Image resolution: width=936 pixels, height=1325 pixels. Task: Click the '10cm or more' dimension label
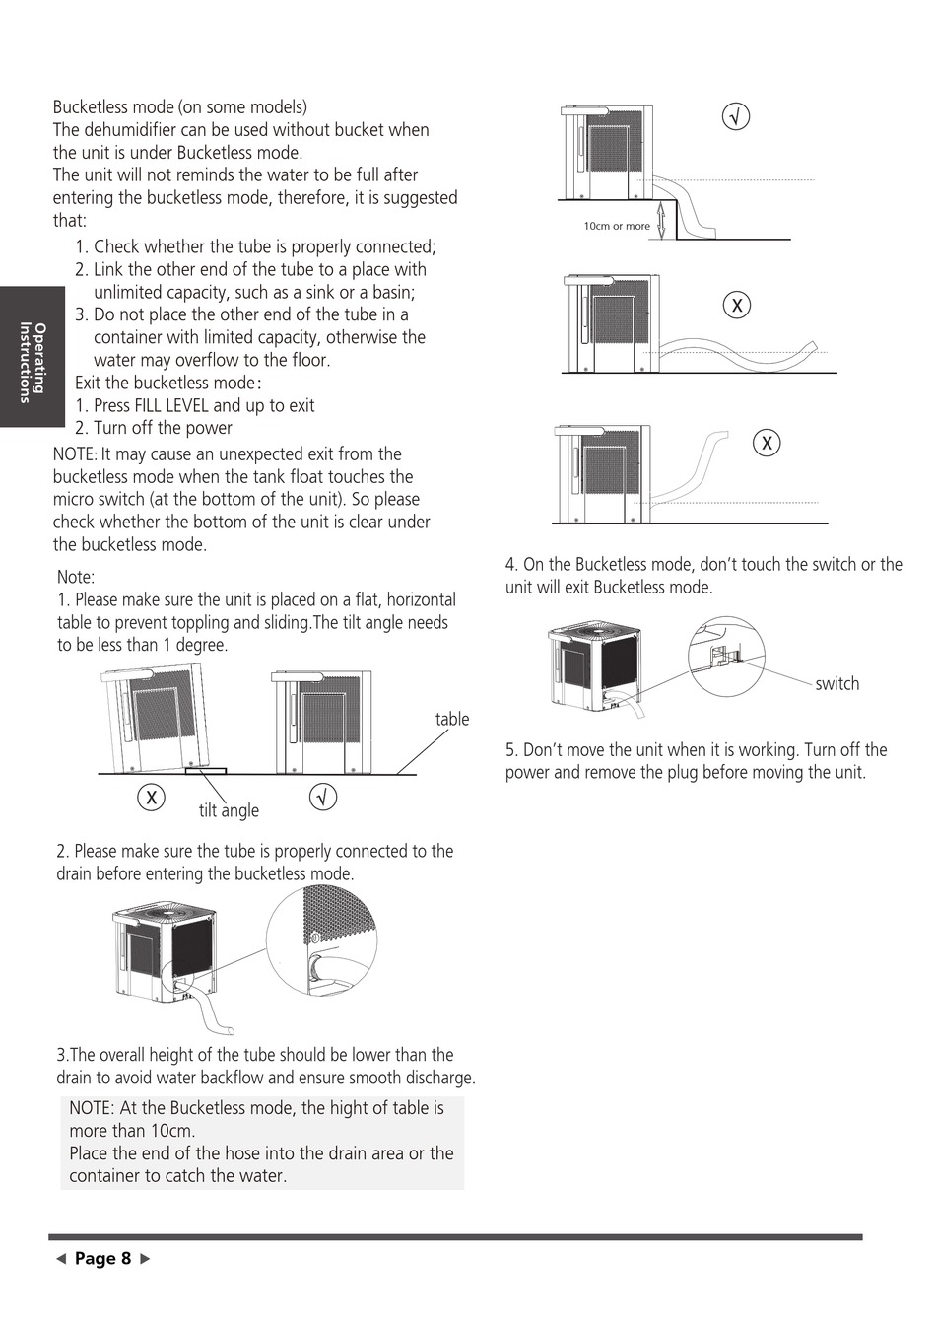click(x=617, y=226)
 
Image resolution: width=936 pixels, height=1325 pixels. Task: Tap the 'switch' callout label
click(x=836, y=684)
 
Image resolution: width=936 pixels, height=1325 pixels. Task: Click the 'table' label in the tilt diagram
click(x=452, y=719)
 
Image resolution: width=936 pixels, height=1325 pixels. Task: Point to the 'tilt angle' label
click(x=229, y=810)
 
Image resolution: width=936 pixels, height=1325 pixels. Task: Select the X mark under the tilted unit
click(x=151, y=797)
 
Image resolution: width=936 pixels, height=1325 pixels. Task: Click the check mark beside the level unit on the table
click(x=323, y=797)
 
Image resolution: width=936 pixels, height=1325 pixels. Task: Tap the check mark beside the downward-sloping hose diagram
click(x=736, y=116)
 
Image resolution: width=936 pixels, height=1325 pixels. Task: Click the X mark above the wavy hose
click(x=736, y=305)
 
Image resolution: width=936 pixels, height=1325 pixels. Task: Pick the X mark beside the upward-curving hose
click(x=767, y=443)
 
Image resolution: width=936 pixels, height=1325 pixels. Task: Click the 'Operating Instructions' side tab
click(x=33, y=357)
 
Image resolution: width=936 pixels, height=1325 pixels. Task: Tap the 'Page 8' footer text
click(x=102, y=1259)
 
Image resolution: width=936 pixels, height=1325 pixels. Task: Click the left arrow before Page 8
click(x=60, y=1259)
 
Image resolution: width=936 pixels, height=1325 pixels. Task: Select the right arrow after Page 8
click(x=147, y=1259)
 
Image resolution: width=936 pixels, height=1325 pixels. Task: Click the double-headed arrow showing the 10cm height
click(x=662, y=219)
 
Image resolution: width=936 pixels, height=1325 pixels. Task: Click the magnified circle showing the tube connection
click(x=322, y=941)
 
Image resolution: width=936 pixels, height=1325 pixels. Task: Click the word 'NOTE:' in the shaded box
click(x=92, y=1108)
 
